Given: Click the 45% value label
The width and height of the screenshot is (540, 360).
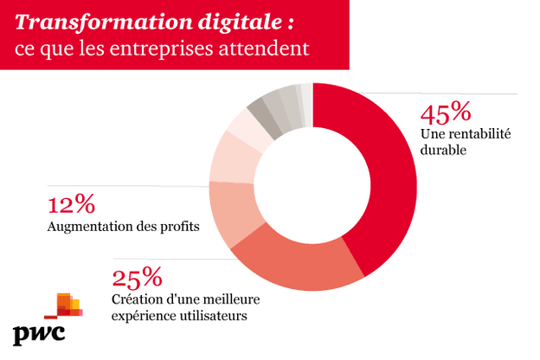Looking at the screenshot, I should [x=445, y=113].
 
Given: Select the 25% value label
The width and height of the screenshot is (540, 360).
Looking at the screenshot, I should [x=137, y=279].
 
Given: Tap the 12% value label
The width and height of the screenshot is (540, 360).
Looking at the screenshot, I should [x=71, y=205].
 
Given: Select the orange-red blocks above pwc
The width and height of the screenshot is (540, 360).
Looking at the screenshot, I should [x=64, y=307].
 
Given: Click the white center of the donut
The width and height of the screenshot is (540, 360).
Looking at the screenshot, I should [x=312, y=187].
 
